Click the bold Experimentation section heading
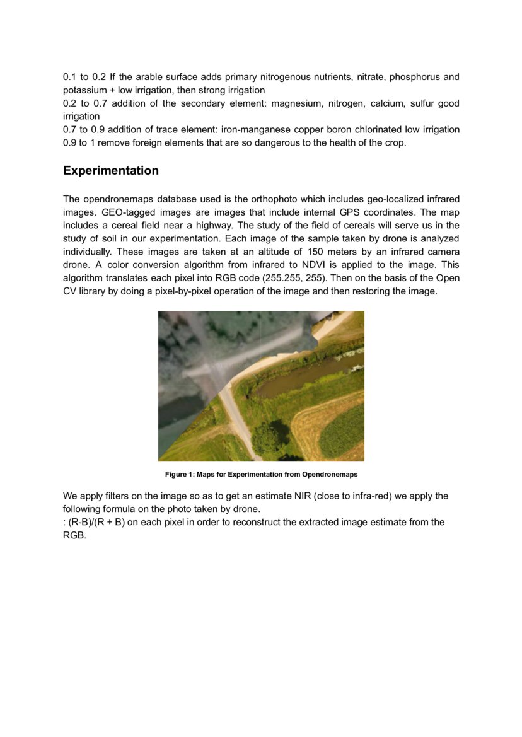111,171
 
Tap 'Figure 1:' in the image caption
180,474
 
